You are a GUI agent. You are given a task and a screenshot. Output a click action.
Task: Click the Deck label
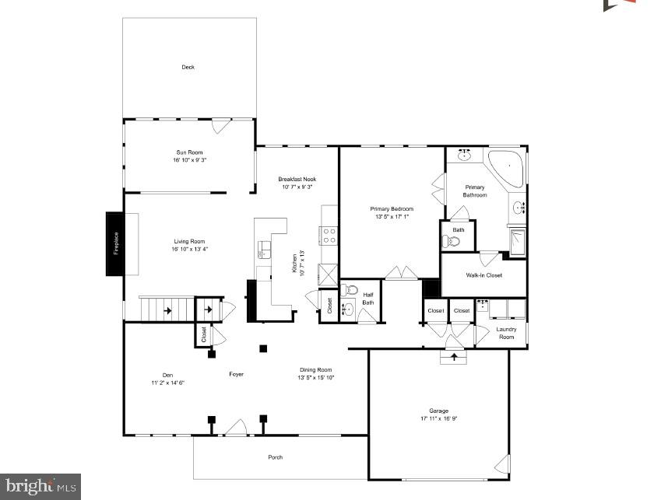point(188,68)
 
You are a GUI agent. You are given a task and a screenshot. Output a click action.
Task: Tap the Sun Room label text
point(189,152)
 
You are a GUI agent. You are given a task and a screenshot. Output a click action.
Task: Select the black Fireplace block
point(114,243)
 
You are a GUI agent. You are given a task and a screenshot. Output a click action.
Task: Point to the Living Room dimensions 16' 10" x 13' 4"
point(189,249)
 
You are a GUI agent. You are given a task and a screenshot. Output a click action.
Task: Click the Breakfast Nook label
point(297,180)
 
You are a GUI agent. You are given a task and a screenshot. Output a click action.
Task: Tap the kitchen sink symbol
point(264,249)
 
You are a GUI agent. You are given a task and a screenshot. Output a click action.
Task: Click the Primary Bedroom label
point(391,208)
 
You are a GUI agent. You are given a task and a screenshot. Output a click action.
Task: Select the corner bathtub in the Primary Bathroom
point(505,167)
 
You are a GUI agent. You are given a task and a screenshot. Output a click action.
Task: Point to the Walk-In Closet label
point(483,275)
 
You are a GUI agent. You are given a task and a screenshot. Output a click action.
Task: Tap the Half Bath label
point(367,299)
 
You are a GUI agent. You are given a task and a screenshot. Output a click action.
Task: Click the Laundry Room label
point(506,333)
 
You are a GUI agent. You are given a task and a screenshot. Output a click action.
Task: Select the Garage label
point(438,411)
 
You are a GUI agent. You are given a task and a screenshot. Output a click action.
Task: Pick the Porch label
point(276,457)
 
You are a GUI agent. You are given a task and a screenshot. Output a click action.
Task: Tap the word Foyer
point(236,374)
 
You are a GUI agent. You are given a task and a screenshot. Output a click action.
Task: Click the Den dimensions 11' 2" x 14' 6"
point(167,383)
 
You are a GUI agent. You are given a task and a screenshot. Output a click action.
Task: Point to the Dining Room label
point(316,369)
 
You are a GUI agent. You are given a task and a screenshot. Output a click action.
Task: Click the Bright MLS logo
point(40,486)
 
